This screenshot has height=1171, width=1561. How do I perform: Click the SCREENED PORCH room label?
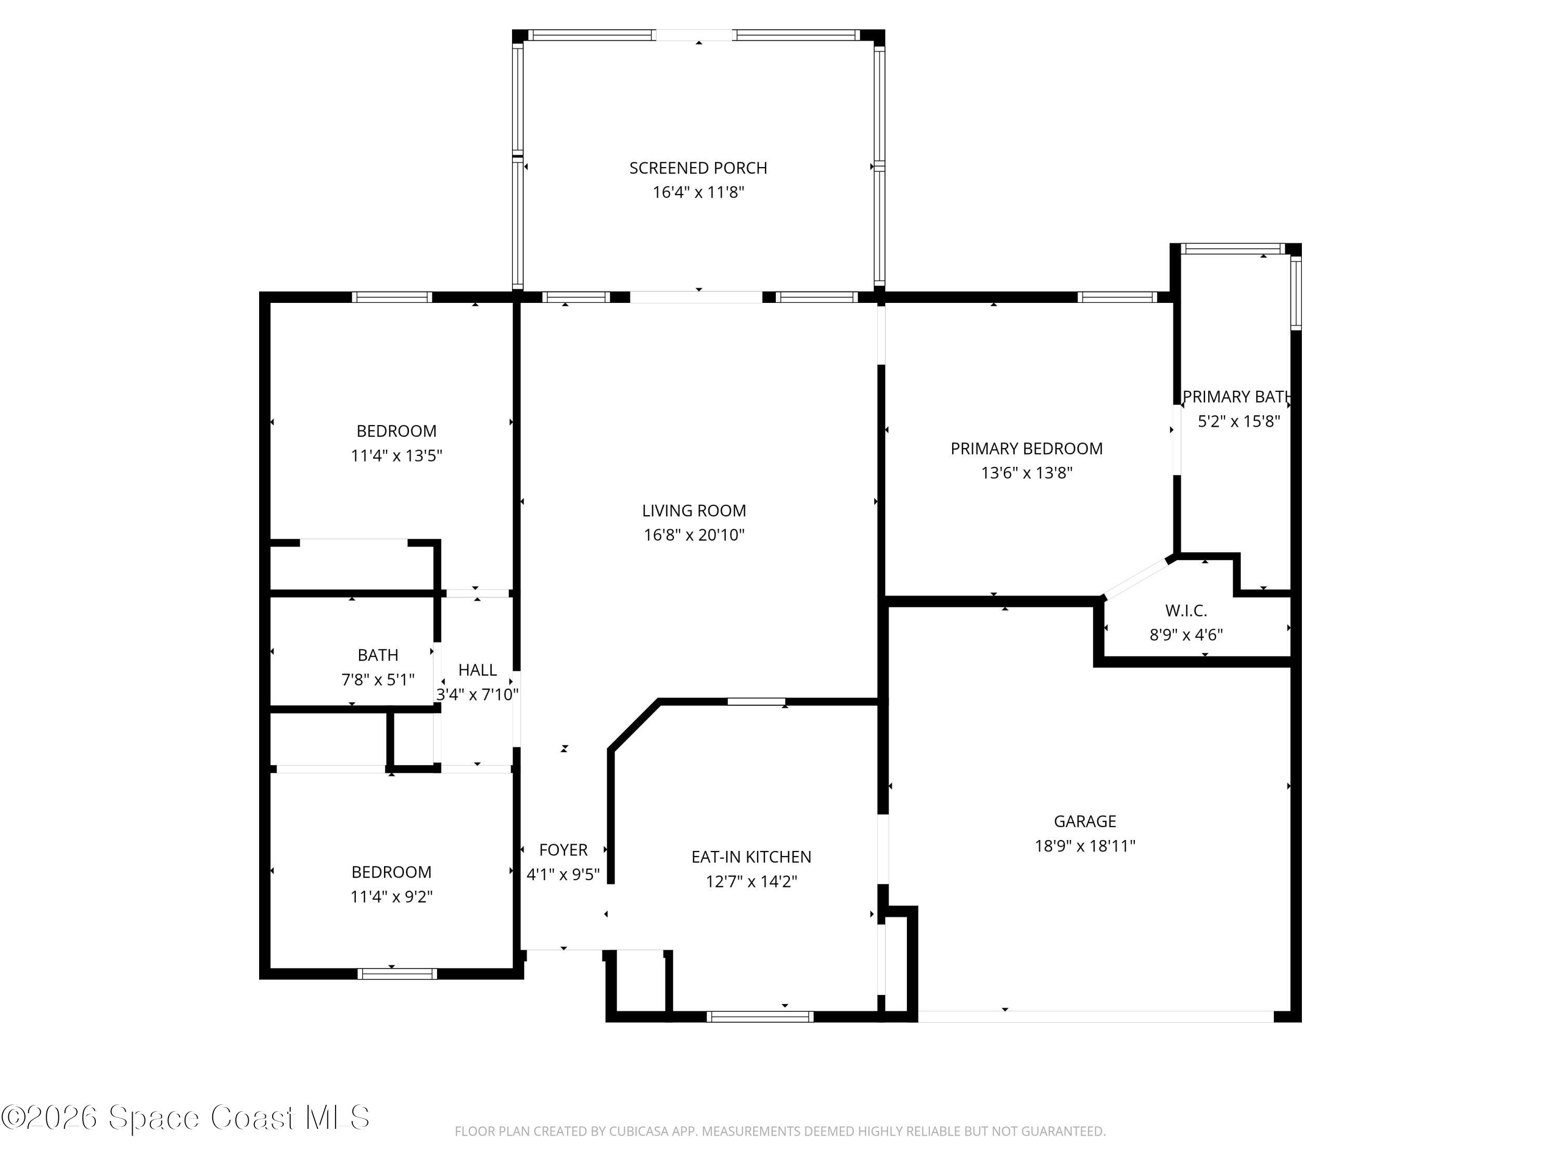[x=698, y=168]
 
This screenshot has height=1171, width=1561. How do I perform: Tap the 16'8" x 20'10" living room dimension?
[x=694, y=535]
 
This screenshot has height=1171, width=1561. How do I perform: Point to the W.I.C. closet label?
[x=1185, y=610]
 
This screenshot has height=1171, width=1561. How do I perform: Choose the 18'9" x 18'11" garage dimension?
[x=1085, y=846]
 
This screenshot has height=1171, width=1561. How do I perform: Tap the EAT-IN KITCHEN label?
[x=751, y=857]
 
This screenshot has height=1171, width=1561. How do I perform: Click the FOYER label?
[x=563, y=850]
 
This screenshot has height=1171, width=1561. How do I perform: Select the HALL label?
[x=477, y=670]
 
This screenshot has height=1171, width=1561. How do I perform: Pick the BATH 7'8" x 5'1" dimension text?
[x=378, y=680]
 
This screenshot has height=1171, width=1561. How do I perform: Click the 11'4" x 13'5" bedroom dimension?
[x=396, y=456]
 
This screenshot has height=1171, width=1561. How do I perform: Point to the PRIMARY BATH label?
[x=1237, y=397]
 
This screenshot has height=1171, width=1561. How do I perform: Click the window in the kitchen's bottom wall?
[x=760, y=1016]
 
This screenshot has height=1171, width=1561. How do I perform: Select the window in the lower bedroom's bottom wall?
[x=396, y=974]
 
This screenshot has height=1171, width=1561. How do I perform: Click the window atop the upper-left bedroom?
[x=392, y=297]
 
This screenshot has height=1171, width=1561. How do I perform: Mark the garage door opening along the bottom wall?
[x=1095, y=1017]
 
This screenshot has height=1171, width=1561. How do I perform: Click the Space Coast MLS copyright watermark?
[x=185, y=1117]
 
